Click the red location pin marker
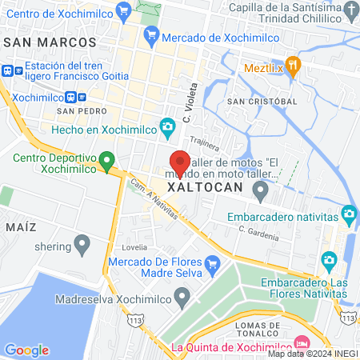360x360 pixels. [181, 164]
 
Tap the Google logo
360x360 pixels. [26, 350]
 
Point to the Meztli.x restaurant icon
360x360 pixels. [294, 68]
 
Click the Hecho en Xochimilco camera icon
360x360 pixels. [167, 128]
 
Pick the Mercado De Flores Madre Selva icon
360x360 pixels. [212, 263]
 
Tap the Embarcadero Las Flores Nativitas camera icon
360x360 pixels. [328, 260]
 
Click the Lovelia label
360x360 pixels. [134, 247]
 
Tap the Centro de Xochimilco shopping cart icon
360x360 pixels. [123, 11]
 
